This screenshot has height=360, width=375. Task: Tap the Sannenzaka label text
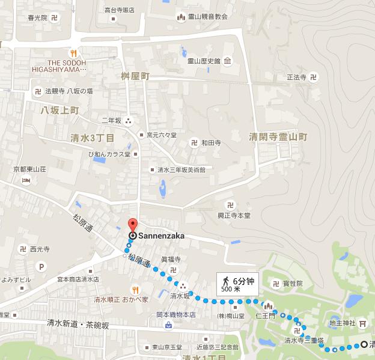click(x=160, y=236)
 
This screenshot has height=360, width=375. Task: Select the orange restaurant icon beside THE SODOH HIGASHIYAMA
click(x=72, y=52)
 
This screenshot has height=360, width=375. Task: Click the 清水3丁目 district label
click(x=93, y=138)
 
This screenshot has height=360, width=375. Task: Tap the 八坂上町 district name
click(x=59, y=110)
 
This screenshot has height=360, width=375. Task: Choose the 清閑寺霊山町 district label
click(x=278, y=137)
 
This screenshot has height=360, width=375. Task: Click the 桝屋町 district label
click(x=135, y=77)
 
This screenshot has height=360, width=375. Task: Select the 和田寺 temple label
click(x=211, y=143)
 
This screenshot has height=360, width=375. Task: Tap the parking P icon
click(x=41, y=267)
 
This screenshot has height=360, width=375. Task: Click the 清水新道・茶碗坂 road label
click(x=79, y=323)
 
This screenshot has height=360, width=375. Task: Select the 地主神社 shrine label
click(x=342, y=323)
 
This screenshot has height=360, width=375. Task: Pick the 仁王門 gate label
click(x=265, y=314)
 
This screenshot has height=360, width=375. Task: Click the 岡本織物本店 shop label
click(x=176, y=314)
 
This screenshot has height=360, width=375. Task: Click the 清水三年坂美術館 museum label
click(x=181, y=170)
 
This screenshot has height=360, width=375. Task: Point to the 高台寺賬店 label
click(x=120, y=10)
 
